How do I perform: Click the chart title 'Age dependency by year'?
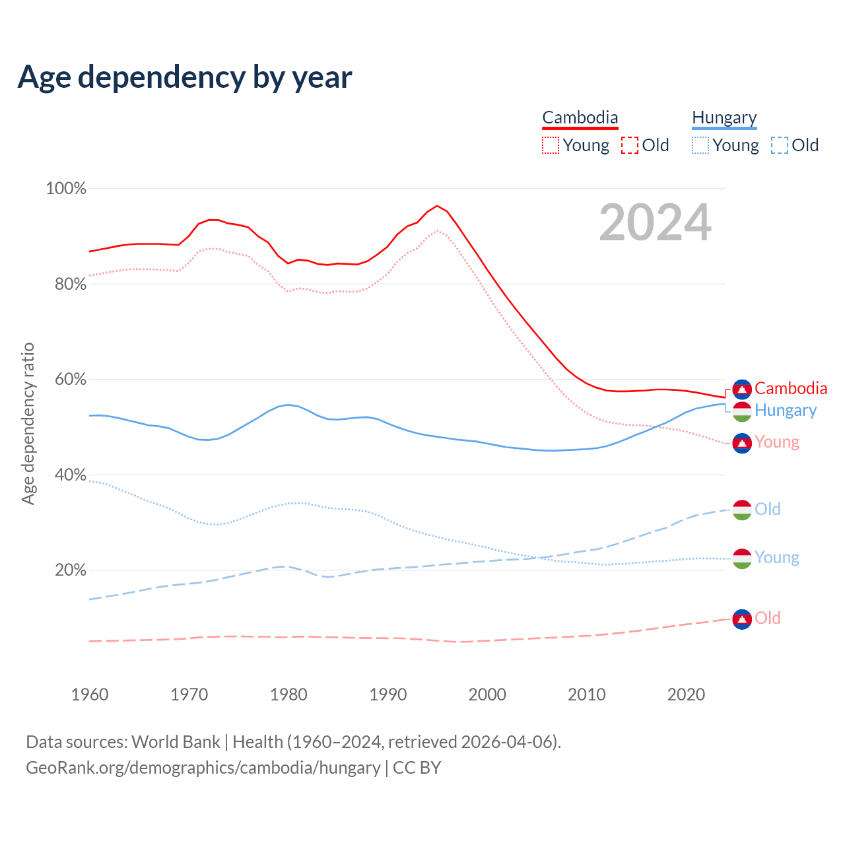coord(185,77)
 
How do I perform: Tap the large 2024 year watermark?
coord(655,222)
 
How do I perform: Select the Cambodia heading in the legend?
coord(580,118)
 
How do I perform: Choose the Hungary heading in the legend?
coord(724,118)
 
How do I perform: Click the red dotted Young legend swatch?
coord(551,145)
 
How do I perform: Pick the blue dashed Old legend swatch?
coord(780,145)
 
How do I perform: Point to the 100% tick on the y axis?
coord(66,189)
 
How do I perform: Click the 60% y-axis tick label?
coord(71,380)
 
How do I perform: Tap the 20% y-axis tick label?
coord(71,570)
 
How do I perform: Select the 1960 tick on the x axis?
coord(90,694)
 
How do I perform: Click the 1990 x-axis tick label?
coord(388,694)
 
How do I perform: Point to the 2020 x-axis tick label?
coord(686,694)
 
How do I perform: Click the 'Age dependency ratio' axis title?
coord(28,423)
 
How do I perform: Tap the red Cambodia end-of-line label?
coord(791,388)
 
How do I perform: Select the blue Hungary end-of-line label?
coord(786,410)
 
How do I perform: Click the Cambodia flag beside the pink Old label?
coord(742,619)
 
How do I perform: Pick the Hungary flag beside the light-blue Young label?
coord(742,558)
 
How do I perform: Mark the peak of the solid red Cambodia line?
coord(437,205)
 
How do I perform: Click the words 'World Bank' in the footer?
coord(176,742)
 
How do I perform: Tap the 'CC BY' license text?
coord(417,768)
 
